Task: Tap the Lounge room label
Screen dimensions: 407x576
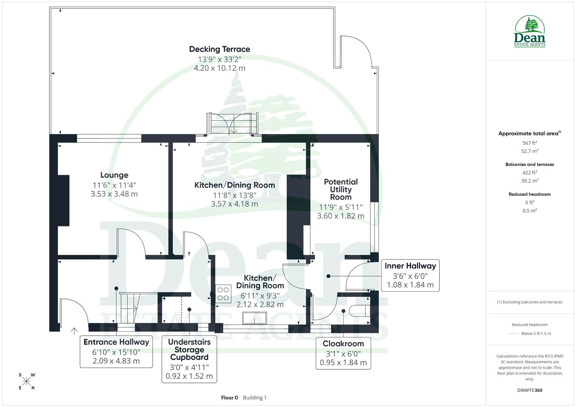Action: click(x=114, y=175)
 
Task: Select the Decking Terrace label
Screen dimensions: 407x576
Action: click(x=219, y=49)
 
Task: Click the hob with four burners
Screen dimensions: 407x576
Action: click(x=223, y=294)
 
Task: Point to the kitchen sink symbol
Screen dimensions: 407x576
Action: click(x=255, y=318)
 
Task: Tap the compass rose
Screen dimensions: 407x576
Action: click(x=26, y=381)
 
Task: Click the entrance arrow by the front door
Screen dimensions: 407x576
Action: click(x=74, y=331)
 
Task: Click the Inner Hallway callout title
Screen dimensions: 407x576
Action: click(x=410, y=266)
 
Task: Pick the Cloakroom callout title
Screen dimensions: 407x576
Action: click(x=343, y=344)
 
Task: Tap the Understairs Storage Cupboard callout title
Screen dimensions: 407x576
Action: click(x=189, y=349)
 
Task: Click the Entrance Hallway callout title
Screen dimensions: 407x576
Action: click(x=116, y=342)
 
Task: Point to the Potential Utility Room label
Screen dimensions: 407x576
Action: click(x=341, y=189)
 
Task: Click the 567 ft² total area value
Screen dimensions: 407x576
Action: click(x=530, y=143)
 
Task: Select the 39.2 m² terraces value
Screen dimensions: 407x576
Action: click(x=530, y=181)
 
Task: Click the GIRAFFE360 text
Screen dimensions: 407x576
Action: click(x=530, y=390)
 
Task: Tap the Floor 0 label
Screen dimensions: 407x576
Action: click(x=229, y=398)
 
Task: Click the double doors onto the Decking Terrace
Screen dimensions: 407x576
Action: click(x=233, y=124)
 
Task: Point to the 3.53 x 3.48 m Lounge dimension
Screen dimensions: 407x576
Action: click(x=114, y=194)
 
